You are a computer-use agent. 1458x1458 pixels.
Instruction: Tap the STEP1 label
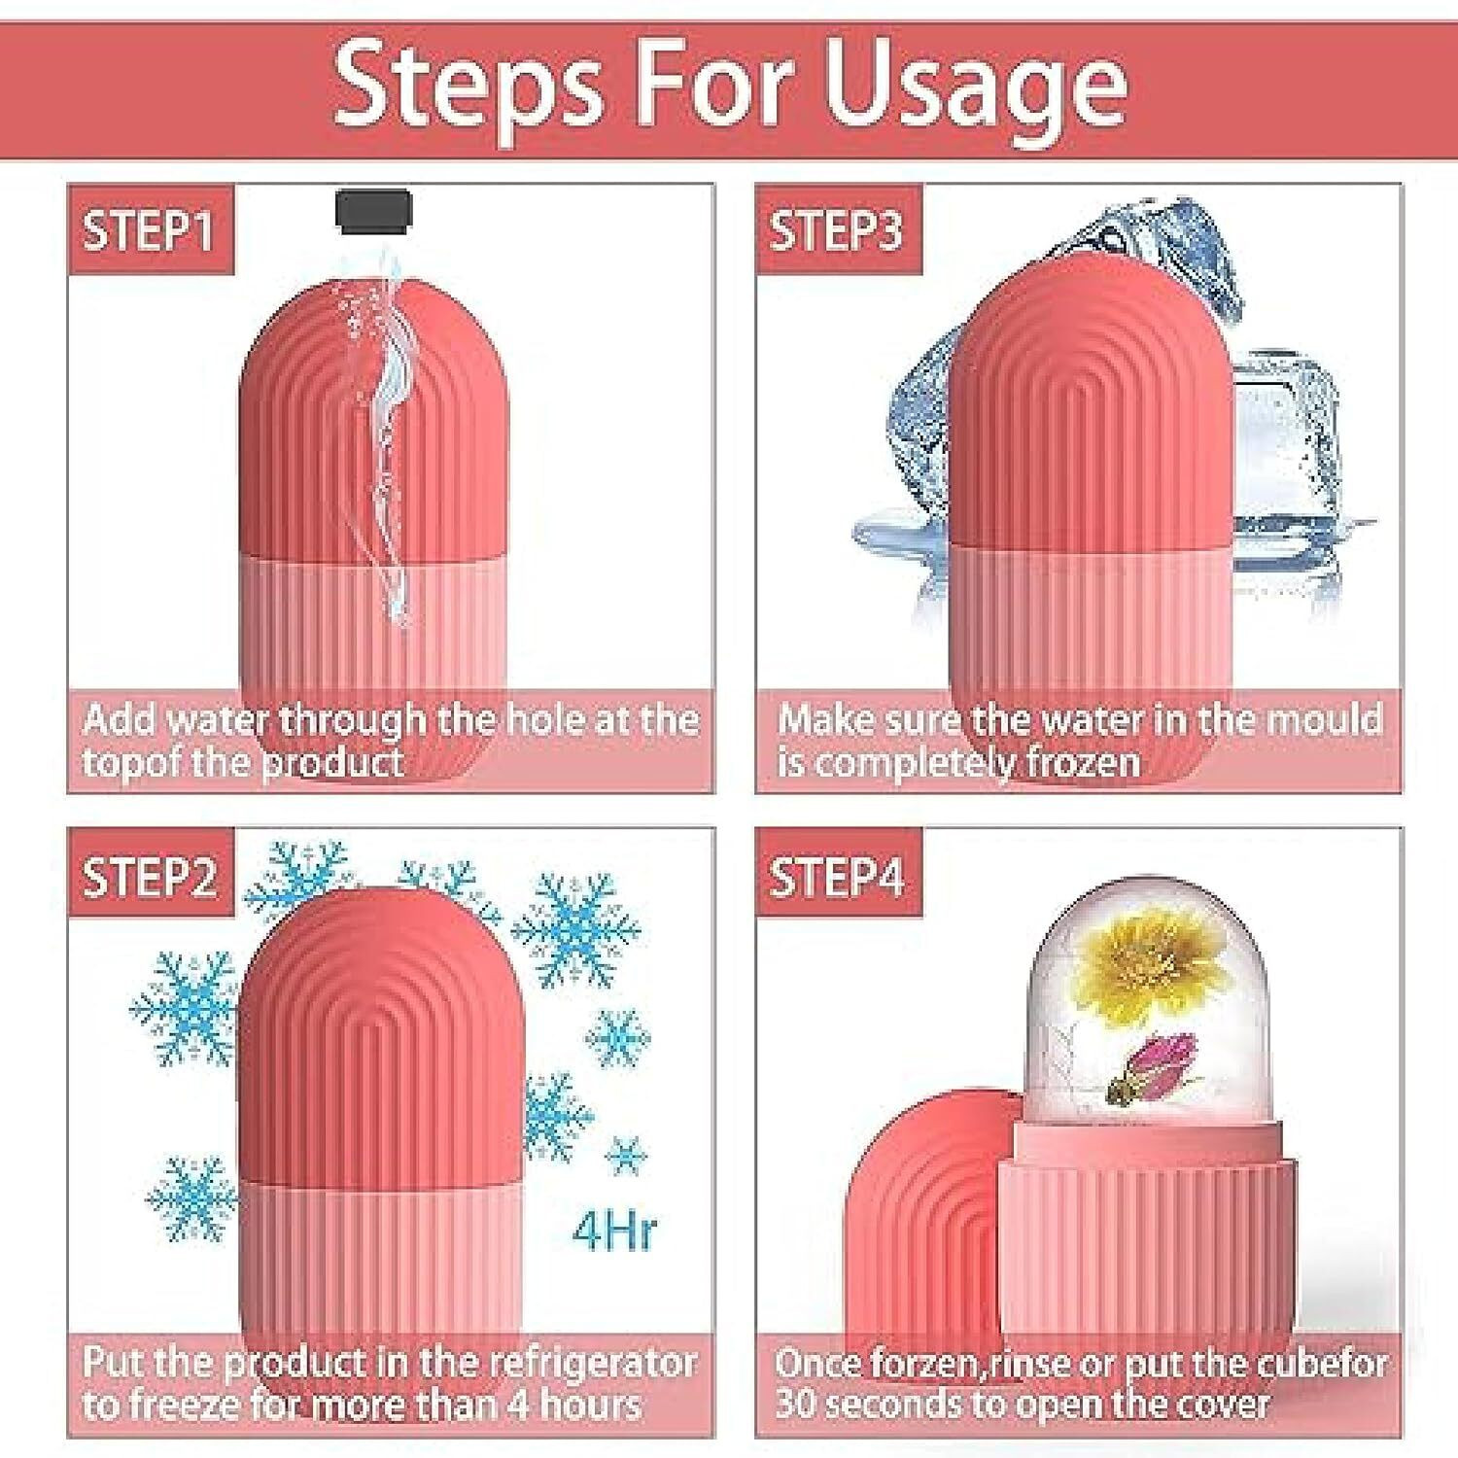pos(149,231)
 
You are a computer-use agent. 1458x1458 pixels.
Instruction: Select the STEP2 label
pos(149,877)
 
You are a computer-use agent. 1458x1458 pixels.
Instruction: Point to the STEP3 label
pos(836,231)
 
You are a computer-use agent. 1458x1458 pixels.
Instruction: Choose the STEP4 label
pos(836,877)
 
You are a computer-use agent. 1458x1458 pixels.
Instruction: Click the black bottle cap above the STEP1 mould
pos(374,211)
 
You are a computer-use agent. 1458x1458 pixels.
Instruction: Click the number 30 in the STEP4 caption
pos(796,1406)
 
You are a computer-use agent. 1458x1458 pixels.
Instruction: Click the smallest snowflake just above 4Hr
pos(625,1156)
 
